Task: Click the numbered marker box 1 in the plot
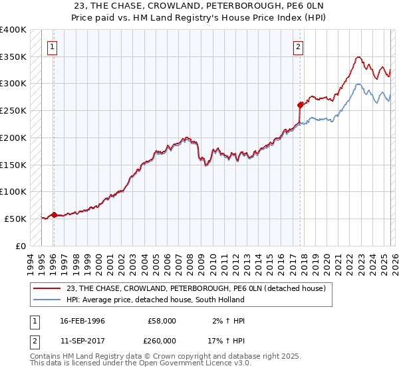pos(53,46)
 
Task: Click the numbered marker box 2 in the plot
pos(299,46)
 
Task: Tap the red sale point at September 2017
pos(300,104)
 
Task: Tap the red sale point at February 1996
pos(54,214)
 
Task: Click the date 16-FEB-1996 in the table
pos(82,321)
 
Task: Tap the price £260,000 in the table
pos(162,341)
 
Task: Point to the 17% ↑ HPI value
pos(226,341)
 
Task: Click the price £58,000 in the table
pos(162,321)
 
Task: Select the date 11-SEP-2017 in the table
pos(82,341)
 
